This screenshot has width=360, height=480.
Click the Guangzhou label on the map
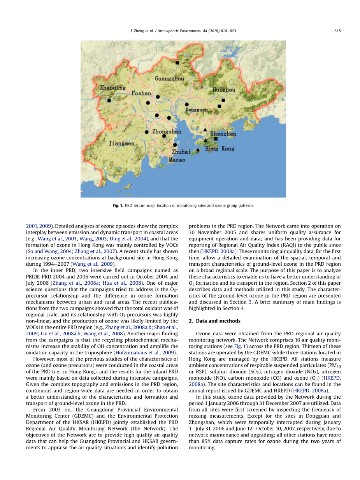[169, 79]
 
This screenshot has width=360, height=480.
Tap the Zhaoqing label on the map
[113, 88]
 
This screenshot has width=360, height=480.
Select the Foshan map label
[141, 93]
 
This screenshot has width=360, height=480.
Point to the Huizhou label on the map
[224, 90]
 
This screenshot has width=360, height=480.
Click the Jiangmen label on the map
[121, 144]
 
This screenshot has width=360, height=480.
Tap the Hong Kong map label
[220, 149]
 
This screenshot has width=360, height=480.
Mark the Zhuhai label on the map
[181, 152]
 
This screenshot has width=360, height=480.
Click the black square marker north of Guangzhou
[177, 63]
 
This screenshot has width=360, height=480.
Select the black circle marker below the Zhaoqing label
[109, 100]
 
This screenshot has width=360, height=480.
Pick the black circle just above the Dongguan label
[187, 104]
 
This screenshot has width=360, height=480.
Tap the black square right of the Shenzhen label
[216, 139]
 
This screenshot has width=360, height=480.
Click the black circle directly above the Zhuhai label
[175, 145]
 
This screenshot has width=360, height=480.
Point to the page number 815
[337, 31]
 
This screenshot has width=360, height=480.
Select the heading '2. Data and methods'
[214, 321]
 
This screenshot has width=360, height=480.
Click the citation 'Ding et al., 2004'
[131, 238]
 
